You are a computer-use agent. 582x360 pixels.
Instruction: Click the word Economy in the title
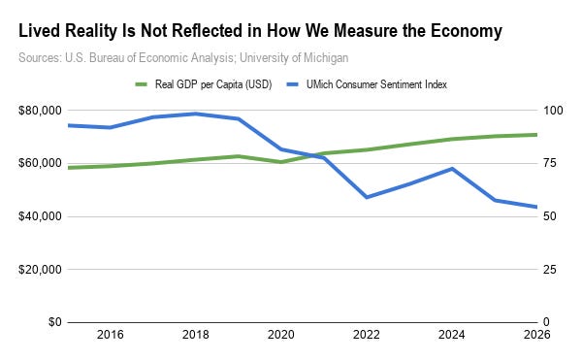pos(467,31)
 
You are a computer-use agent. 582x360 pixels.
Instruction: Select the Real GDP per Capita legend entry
pos(204,84)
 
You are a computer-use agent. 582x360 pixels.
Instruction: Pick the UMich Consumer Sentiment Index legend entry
pos(367,84)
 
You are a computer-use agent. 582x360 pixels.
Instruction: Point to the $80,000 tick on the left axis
pos(40,111)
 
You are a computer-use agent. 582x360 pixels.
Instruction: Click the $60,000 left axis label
pos(40,163)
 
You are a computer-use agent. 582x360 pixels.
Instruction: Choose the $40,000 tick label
pos(40,216)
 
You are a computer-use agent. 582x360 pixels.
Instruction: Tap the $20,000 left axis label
pos(40,269)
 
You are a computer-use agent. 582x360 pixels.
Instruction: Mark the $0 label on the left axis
pos(55,322)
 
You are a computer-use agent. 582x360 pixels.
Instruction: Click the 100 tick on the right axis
pos(553,111)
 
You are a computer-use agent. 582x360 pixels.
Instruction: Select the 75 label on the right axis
pos(550,163)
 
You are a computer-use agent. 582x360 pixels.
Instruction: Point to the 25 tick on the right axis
pos(550,269)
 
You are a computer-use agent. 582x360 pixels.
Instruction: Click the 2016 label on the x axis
pos(111,335)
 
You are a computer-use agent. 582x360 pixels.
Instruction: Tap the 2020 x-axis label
pos(281,335)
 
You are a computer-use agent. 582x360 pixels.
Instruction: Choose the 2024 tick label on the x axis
pos(452,335)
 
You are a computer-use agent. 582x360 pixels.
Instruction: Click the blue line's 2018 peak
pos(196,114)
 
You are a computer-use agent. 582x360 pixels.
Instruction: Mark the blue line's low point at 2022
pos(367,197)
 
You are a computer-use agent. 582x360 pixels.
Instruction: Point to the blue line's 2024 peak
pos(452,169)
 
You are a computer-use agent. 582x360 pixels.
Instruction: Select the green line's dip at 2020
pos(281,162)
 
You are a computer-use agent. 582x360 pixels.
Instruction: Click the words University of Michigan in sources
pos(294,58)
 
